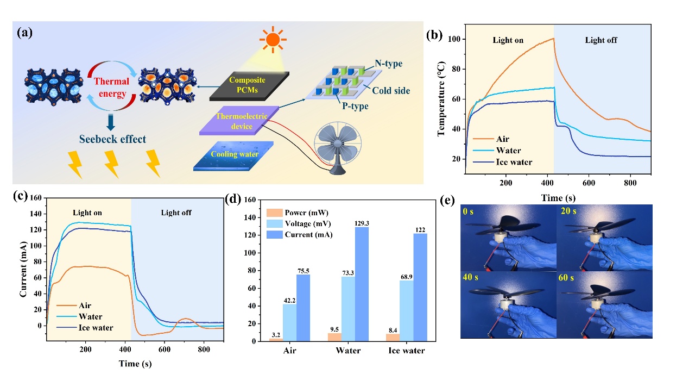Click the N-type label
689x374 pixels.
(x=389, y=65)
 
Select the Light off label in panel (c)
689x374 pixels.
(x=176, y=213)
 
